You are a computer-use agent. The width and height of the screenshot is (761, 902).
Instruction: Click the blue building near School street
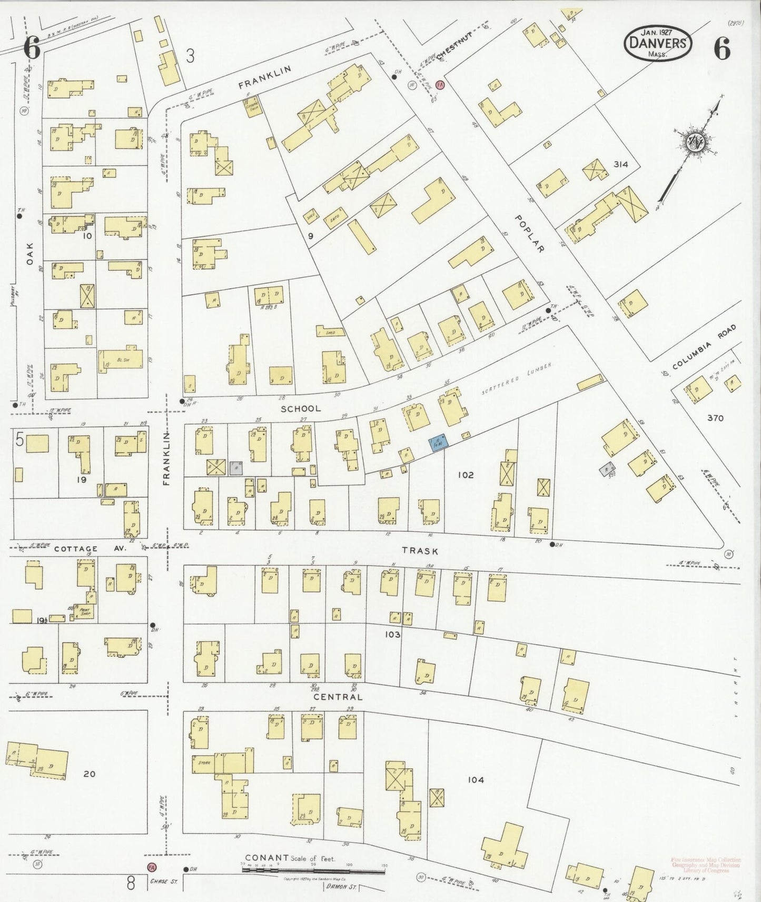click(x=439, y=442)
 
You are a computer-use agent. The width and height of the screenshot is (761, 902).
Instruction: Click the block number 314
click(x=621, y=164)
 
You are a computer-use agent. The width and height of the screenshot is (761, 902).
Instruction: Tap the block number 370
click(x=715, y=418)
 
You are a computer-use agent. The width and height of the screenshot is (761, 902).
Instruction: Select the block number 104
click(x=476, y=779)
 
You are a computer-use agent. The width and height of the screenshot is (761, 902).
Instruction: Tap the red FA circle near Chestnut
click(x=440, y=84)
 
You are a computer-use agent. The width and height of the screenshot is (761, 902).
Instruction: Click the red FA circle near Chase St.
click(x=151, y=866)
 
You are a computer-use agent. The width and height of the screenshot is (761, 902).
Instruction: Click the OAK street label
click(x=30, y=253)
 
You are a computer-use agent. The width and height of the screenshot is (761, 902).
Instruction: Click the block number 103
click(x=392, y=635)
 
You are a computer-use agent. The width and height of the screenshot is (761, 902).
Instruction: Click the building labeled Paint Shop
click(x=84, y=612)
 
